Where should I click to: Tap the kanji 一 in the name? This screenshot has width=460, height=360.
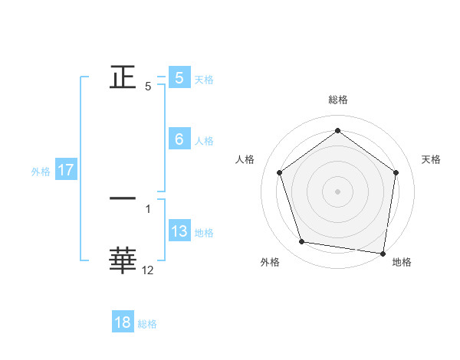coord(123,199)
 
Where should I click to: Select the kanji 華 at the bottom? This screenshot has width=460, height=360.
coord(123,260)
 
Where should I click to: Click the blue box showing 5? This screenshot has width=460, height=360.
coord(179,78)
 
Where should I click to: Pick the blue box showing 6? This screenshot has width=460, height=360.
coord(179,139)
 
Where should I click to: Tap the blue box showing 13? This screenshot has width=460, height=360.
coord(179,231)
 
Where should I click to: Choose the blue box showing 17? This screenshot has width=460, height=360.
coord(65,170)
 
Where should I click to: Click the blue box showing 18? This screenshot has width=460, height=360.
coord(123,322)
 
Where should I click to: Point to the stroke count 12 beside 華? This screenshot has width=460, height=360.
coord(148,270)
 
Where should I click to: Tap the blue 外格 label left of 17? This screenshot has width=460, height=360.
coord(41,172)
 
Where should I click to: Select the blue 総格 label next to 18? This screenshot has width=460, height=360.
coord(147,324)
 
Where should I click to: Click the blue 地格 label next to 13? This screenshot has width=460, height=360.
coord(204,233)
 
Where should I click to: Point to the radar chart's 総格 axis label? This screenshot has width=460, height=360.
coord(338,100)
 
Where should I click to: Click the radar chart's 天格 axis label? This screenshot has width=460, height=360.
coord(432,159)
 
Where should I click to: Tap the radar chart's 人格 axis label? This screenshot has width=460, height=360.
coord(245,159)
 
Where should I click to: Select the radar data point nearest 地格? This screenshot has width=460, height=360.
coord(383,252)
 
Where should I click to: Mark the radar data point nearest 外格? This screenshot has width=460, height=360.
coord(302,242)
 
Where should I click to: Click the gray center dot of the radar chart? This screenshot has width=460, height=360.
coord(338,191)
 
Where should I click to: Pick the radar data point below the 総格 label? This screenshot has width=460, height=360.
coord(338,131)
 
